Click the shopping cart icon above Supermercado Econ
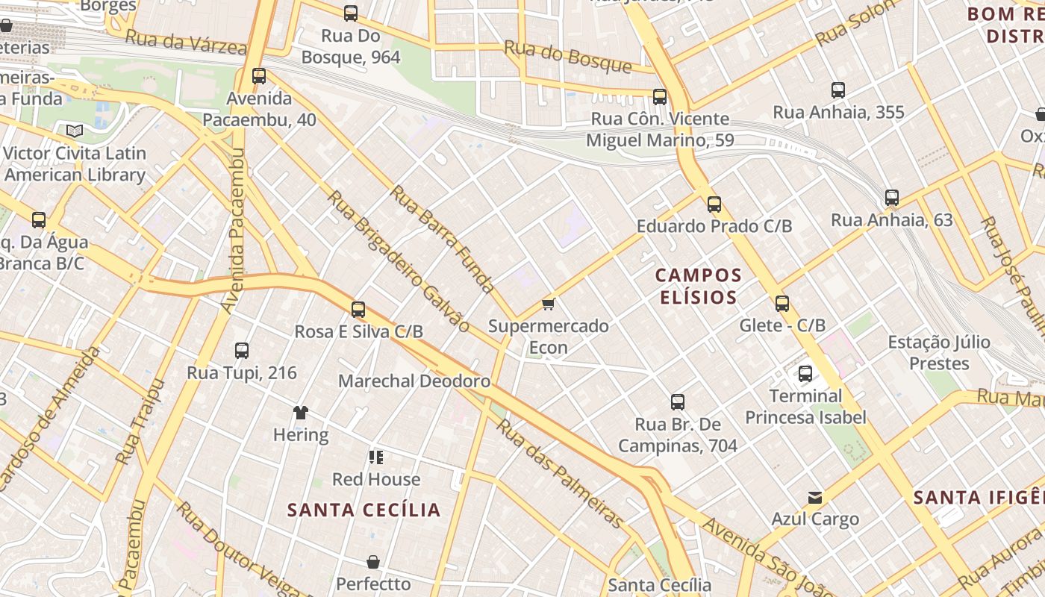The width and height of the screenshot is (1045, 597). (549, 304)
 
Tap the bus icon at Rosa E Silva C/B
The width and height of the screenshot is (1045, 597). (358, 309)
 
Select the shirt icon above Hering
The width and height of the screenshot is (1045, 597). (301, 412)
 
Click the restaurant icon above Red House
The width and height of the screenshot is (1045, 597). (375, 457)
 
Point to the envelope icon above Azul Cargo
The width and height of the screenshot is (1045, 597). (815, 497)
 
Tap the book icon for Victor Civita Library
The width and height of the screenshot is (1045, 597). (75, 131)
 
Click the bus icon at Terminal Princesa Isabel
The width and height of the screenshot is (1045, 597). (805, 374)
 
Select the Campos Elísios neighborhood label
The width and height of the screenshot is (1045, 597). (699, 286)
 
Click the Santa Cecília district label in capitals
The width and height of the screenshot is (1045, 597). (364, 510)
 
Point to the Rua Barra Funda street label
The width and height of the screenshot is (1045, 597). (443, 240)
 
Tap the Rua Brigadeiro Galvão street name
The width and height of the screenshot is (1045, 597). (399, 260)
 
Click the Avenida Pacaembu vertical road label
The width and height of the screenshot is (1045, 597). (234, 230)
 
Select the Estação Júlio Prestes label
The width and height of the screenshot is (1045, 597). (939, 353)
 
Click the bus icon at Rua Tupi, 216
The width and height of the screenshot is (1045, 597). (242, 351)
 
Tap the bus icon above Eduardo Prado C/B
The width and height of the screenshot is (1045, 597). (714, 204)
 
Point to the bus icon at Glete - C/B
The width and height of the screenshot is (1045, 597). (782, 304)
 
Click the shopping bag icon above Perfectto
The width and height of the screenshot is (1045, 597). (373, 562)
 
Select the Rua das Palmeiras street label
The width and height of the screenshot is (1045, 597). (560, 473)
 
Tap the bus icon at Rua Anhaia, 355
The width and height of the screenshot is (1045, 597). (838, 90)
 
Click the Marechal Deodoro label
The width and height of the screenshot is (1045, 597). (414, 381)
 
